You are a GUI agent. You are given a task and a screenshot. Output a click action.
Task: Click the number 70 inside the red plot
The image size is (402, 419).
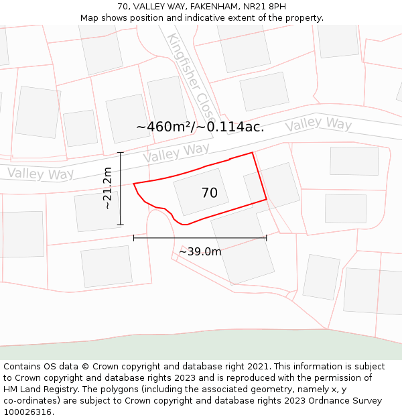(x=210, y=193)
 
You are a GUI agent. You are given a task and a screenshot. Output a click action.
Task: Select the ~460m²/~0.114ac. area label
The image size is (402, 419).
(x=200, y=127)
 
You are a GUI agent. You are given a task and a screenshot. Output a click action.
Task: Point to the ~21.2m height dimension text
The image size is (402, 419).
(x=107, y=188)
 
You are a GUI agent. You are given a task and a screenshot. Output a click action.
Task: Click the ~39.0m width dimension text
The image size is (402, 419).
(x=200, y=251)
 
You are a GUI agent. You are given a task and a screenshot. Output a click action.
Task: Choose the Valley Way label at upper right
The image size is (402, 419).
(x=318, y=125)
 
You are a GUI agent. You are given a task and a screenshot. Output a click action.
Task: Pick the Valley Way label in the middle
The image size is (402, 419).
(x=176, y=153)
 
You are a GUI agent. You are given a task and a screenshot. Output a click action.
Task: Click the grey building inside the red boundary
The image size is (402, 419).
(x=201, y=191)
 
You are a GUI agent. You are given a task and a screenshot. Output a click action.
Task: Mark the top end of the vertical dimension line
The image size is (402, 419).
(x=121, y=153)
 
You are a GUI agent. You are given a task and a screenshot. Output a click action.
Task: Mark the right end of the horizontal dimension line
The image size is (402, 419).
(x=267, y=237)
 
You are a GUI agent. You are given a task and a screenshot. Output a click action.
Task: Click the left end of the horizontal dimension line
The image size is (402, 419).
(x=134, y=237)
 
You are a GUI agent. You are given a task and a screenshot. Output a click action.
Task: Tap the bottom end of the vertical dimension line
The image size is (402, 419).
(x=121, y=225)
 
